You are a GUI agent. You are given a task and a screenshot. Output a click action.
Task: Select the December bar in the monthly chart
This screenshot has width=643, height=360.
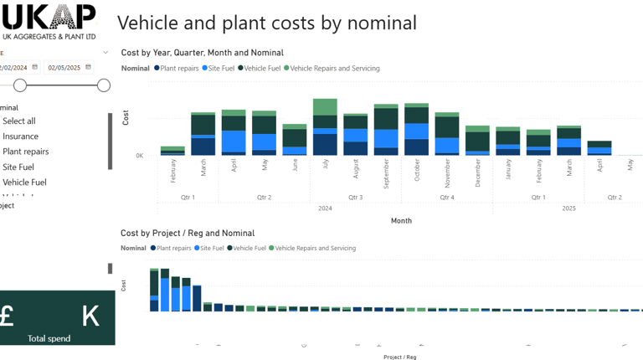point(477,141)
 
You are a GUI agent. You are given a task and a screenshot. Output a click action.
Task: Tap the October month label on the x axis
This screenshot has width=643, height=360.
point(417,171)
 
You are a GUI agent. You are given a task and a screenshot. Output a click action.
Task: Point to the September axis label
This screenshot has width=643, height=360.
point(386,173)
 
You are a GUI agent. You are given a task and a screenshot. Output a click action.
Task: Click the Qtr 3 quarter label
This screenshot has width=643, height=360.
point(355,198)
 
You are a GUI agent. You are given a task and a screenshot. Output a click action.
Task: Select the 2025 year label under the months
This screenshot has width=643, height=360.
point(568,208)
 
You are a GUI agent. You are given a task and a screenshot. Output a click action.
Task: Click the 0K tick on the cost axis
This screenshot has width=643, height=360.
point(140,156)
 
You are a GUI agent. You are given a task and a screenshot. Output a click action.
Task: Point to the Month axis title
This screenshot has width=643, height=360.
point(401,221)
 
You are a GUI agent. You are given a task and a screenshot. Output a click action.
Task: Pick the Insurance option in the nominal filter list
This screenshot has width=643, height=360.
point(20,136)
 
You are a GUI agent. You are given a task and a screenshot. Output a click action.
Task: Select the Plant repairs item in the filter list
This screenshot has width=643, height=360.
point(25,152)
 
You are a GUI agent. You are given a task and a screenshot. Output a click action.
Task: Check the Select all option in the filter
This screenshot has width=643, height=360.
point(18,121)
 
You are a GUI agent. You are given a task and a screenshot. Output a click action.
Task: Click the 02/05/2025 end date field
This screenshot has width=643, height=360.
point(64,68)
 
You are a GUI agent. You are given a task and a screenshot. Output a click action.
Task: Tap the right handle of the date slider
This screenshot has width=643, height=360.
point(104,85)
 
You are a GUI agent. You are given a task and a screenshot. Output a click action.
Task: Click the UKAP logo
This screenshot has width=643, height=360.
point(49,21)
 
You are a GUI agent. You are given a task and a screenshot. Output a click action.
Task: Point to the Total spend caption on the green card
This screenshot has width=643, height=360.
point(49,338)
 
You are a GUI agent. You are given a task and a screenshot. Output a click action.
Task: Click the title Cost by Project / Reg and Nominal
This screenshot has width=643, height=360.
point(188,234)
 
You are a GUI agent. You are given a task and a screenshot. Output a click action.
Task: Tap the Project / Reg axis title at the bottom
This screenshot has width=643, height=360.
point(400,357)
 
